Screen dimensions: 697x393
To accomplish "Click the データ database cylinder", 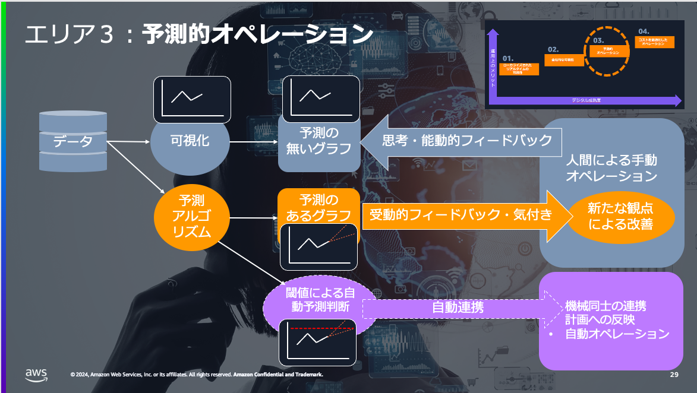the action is click(x=73, y=141).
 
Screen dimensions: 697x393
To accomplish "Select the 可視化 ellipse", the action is click(x=190, y=141).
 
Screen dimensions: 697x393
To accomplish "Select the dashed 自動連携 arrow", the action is click(x=458, y=308).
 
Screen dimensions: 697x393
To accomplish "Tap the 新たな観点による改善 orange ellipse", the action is click(x=620, y=216).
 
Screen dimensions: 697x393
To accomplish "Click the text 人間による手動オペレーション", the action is click(x=611, y=169).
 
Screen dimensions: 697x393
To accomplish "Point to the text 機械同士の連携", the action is click(x=605, y=306).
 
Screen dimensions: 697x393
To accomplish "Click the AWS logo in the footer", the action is click(x=36, y=373).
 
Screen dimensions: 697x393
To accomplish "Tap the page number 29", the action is click(x=674, y=375).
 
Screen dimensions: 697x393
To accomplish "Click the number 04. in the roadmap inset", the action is click(x=644, y=31).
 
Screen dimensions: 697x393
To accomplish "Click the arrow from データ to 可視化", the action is click(x=128, y=141).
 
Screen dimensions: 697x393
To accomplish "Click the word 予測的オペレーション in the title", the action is click(x=257, y=35).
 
